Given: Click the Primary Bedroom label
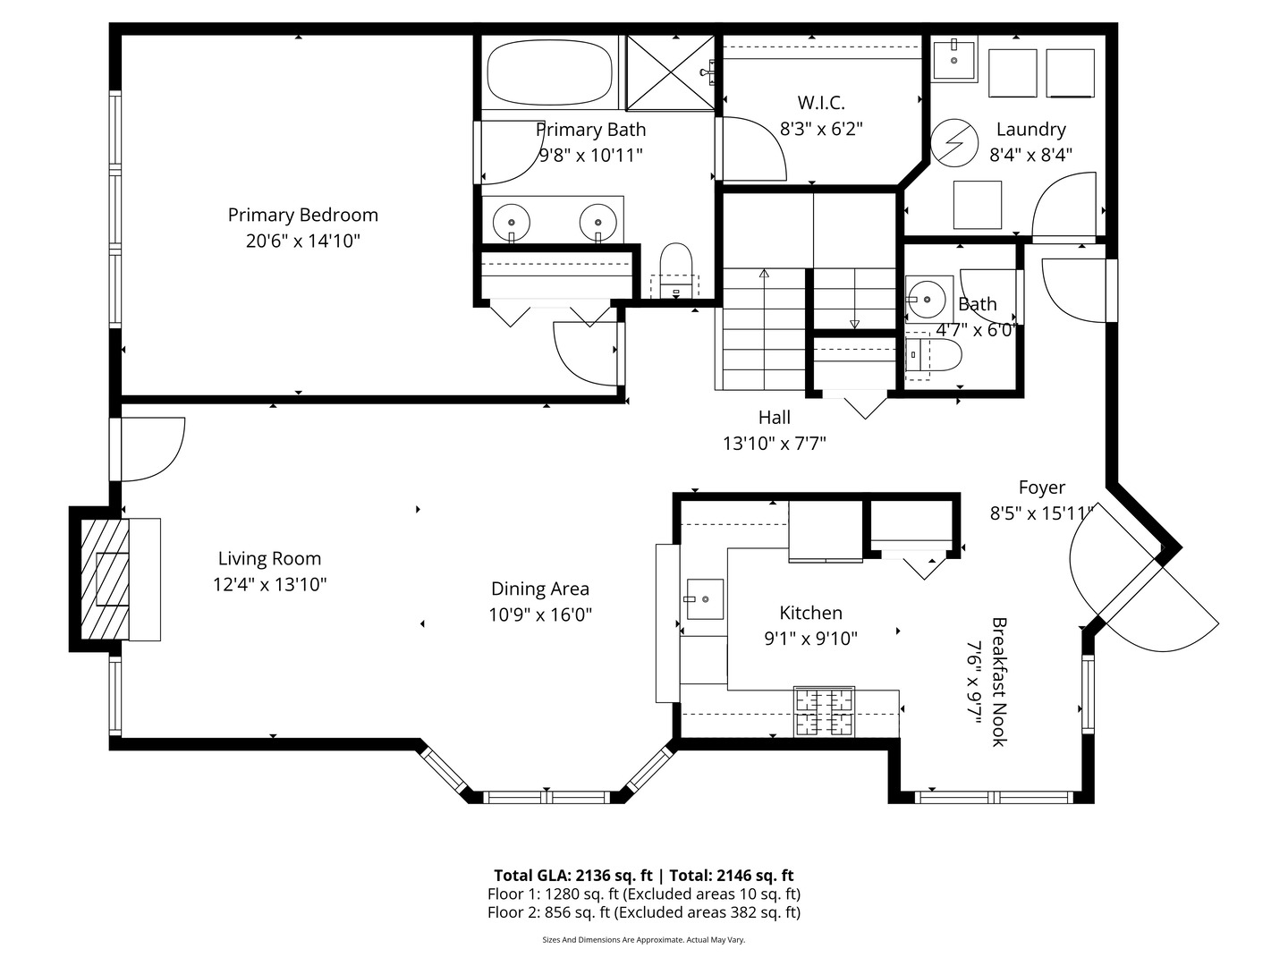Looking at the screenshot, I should click(x=302, y=215).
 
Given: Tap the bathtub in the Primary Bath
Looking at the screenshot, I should click(x=549, y=75).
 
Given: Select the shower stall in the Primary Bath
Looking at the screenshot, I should click(x=669, y=72).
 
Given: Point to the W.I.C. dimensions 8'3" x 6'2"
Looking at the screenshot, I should click(x=821, y=129).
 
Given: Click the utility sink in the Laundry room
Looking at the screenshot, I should click(x=954, y=59).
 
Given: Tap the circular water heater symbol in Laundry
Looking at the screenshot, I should click(x=951, y=142).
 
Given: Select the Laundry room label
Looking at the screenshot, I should click(x=1030, y=130).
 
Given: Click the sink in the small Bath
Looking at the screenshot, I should click(x=925, y=298).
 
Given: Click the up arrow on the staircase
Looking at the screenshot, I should click(x=763, y=273).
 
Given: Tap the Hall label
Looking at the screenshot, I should click(x=775, y=417).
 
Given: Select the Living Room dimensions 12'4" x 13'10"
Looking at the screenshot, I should click(x=269, y=585).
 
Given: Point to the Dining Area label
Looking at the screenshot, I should click(x=540, y=589).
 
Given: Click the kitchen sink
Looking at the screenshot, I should click(x=704, y=598).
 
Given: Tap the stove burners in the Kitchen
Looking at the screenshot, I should click(x=825, y=712).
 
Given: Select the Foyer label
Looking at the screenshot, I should click(x=1042, y=487).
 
